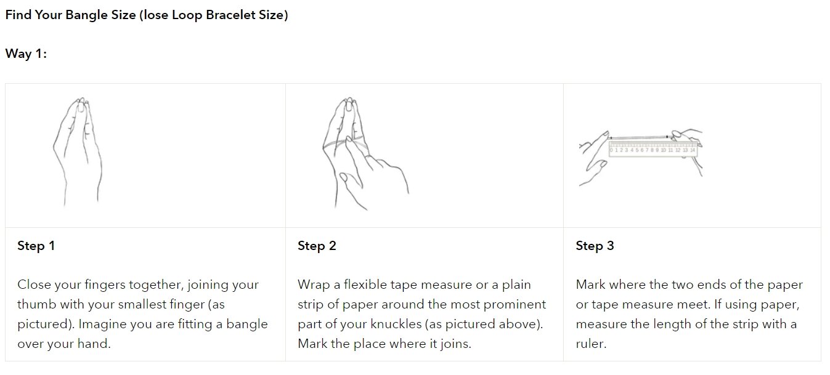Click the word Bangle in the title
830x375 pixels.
coord(86,15)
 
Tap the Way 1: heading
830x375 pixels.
coord(26,54)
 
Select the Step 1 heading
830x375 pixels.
coord(36,246)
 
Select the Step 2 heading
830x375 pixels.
coord(317,246)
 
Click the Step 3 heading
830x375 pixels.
coord(595,246)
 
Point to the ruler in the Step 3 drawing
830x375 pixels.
coord(653,149)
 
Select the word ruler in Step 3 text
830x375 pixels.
coord(591,344)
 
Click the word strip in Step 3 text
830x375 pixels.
coord(743,325)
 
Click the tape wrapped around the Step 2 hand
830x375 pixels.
coord(344,144)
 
